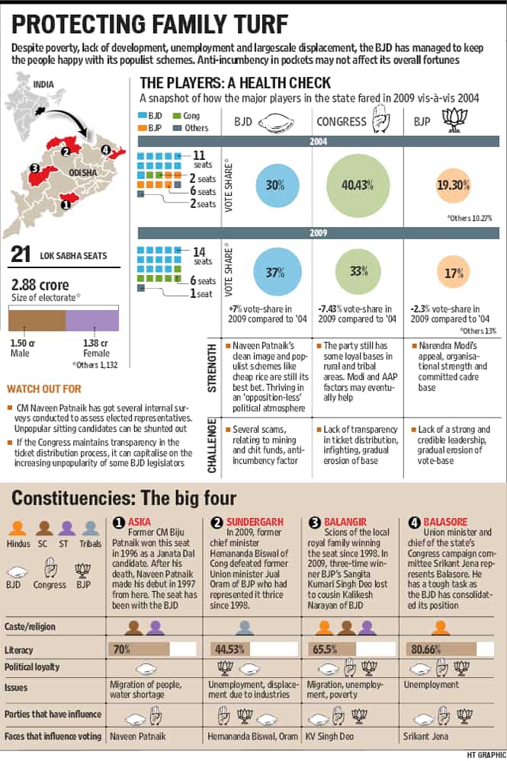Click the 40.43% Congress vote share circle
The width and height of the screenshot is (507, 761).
358,185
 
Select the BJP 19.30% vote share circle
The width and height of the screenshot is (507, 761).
453,185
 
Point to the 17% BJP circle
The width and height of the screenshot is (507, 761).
454,273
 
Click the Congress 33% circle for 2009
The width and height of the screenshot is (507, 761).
358,271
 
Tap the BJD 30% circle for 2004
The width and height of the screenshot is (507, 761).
275,185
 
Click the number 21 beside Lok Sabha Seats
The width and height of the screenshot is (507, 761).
21,254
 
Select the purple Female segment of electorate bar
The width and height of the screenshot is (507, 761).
92,321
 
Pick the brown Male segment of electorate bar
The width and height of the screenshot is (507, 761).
37,321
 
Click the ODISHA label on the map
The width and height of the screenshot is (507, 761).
82,173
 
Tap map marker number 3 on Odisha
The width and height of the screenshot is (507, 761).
34,168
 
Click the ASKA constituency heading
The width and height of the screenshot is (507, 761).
139,522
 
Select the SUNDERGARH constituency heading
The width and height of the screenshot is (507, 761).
255,522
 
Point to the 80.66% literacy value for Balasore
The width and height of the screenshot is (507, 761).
425,649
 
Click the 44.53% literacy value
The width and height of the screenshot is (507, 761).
229,649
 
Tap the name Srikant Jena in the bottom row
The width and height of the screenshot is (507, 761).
425,737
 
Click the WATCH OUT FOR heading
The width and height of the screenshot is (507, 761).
43,388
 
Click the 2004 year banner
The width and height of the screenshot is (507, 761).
319,142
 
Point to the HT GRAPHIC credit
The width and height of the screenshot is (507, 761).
486,755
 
